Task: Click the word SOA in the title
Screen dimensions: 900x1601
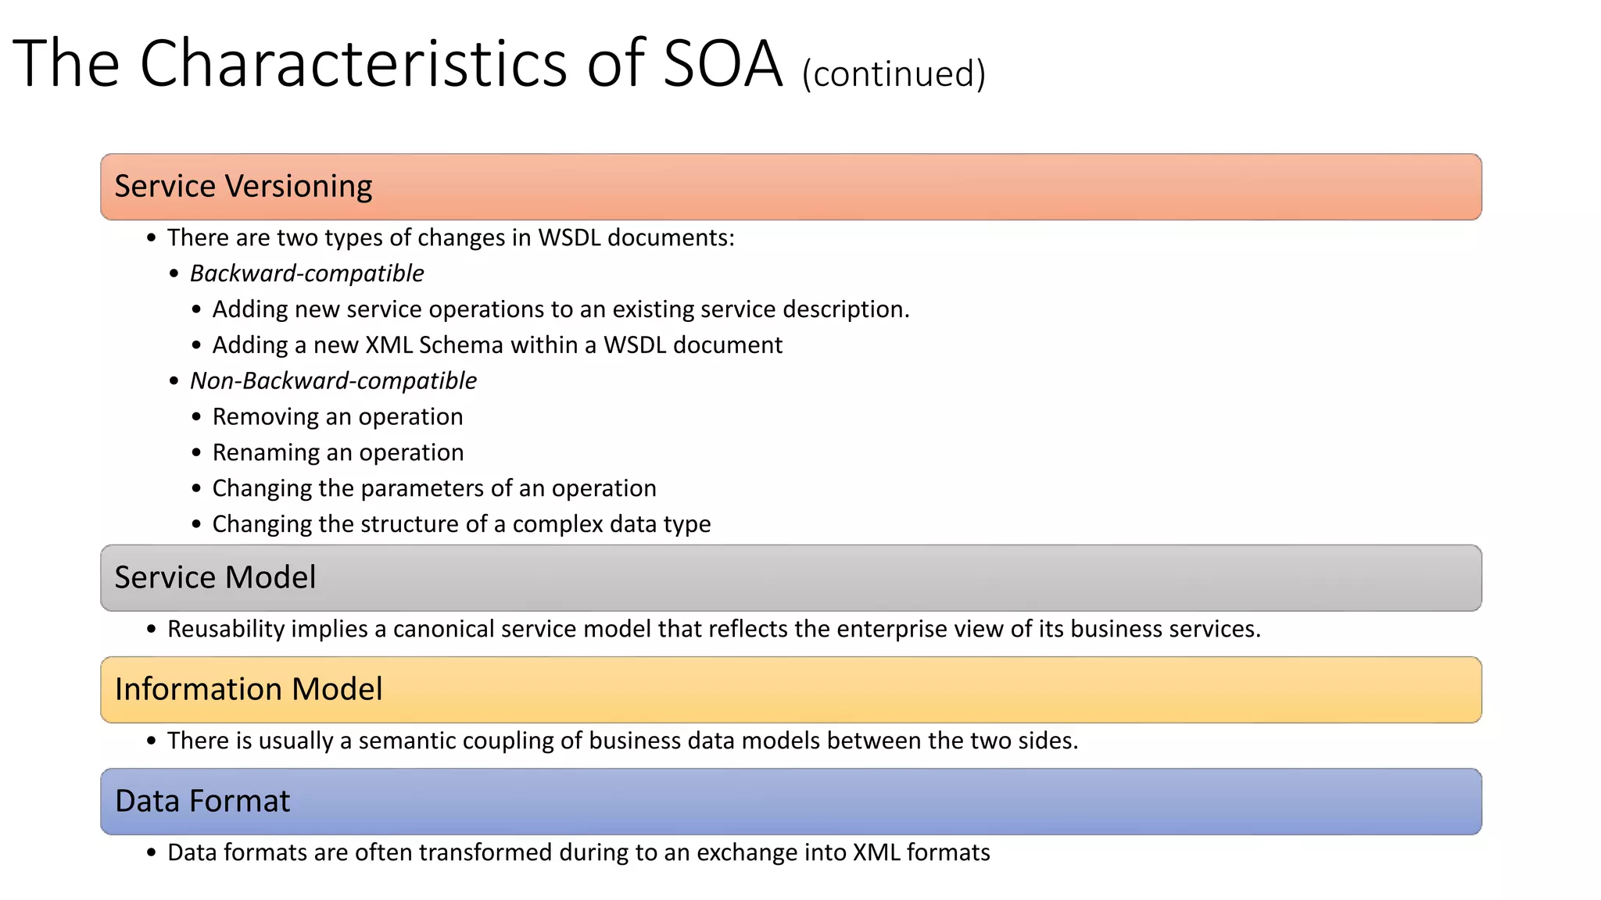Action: pyautogui.click(x=722, y=64)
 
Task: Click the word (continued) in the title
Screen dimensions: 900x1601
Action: pyautogui.click(x=894, y=74)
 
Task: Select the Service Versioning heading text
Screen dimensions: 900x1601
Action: pyautogui.click(x=243, y=187)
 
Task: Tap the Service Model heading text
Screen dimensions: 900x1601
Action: pyautogui.click(x=215, y=578)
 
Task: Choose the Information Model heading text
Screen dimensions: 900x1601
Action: pyautogui.click(x=249, y=690)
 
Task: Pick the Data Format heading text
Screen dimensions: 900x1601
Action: pyautogui.click(x=202, y=802)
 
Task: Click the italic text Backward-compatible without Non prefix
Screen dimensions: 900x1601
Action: pyautogui.click(x=306, y=273)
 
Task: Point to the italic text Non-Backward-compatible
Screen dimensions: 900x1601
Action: pyautogui.click(x=333, y=381)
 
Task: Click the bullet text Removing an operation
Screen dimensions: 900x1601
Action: pyautogui.click(x=338, y=417)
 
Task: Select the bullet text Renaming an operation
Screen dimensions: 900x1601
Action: pyautogui.click(x=338, y=453)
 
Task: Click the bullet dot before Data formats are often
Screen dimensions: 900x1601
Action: pyautogui.click(x=152, y=853)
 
